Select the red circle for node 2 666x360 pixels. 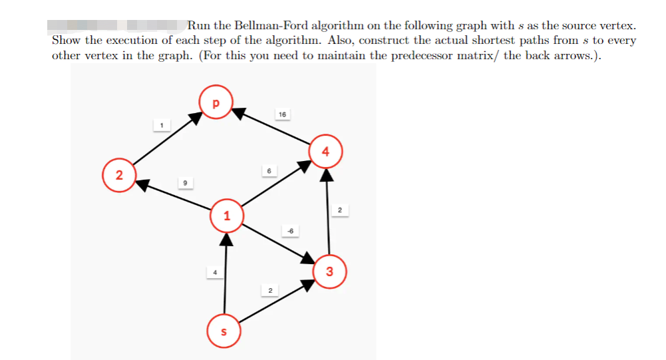[118, 176]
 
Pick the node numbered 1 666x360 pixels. [227, 216]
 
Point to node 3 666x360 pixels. [330, 271]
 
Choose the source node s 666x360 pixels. [224, 331]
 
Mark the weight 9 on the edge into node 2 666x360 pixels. [185, 182]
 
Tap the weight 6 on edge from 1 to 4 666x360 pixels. [269, 171]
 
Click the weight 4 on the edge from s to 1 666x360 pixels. [214, 272]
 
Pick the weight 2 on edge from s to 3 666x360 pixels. [269, 291]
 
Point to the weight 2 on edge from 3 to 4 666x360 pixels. [339, 211]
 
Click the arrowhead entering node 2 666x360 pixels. [142, 184]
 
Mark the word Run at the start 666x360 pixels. [198, 26]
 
